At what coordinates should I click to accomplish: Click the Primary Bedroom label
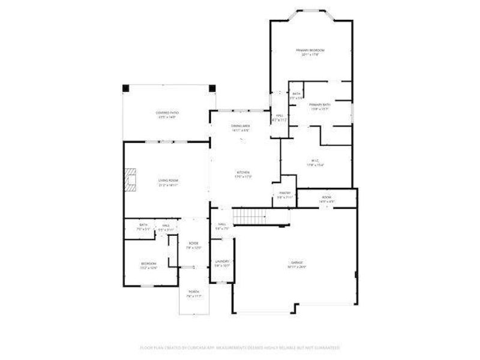pyautogui.click(x=310, y=50)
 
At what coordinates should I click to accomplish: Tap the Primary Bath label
pyautogui.click(x=320, y=105)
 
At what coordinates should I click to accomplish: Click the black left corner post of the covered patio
pyautogui.click(x=125, y=89)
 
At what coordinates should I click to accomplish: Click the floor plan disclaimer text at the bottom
pyautogui.click(x=240, y=347)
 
